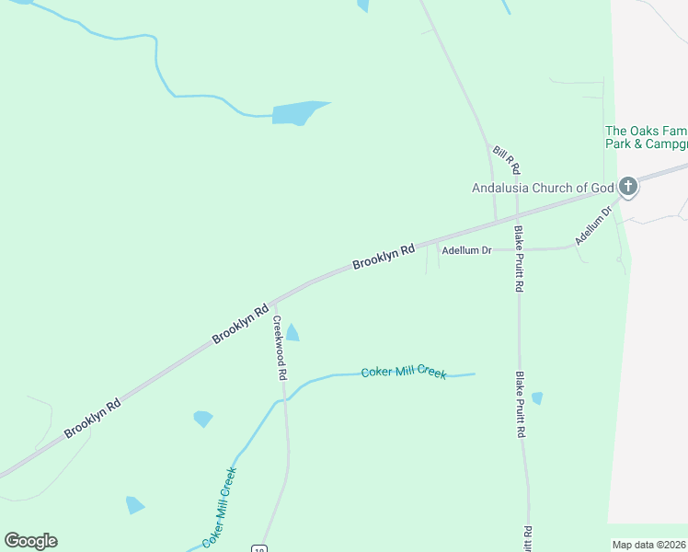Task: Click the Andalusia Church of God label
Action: (542, 189)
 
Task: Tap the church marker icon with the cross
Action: (628, 188)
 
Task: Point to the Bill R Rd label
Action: (507, 160)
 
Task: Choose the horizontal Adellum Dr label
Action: (466, 250)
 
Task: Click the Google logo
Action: (30, 541)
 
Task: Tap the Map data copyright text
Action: (649, 545)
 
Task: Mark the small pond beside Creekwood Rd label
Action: (292, 332)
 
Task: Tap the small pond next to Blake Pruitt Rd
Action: (537, 398)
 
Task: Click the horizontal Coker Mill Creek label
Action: (404, 372)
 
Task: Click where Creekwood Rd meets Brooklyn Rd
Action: (272, 302)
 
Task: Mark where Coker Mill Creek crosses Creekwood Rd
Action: (284, 399)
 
